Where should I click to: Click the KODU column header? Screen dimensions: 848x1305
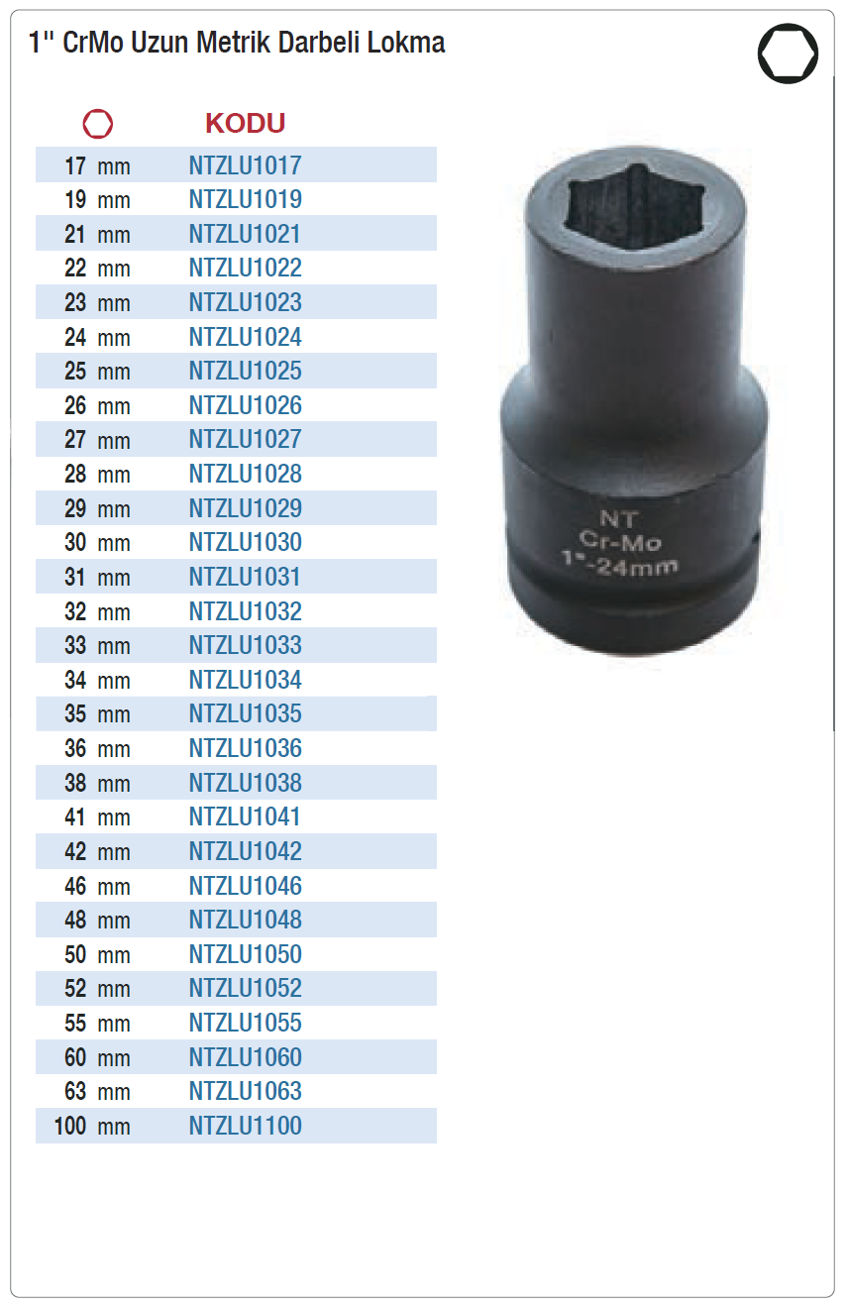[x=246, y=123]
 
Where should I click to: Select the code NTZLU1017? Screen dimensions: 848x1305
[x=246, y=165]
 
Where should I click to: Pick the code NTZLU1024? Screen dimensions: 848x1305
[x=246, y=337]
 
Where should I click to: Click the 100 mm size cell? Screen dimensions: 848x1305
[x=92, y=1126]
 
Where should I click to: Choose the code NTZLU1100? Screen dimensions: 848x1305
[x=246, y=1126]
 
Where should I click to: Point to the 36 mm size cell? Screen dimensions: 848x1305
[x=97, y=749]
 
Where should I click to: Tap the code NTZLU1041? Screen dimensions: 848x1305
[x=245, y=816]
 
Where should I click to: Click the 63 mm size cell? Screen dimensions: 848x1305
[x=97, y=1091]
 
